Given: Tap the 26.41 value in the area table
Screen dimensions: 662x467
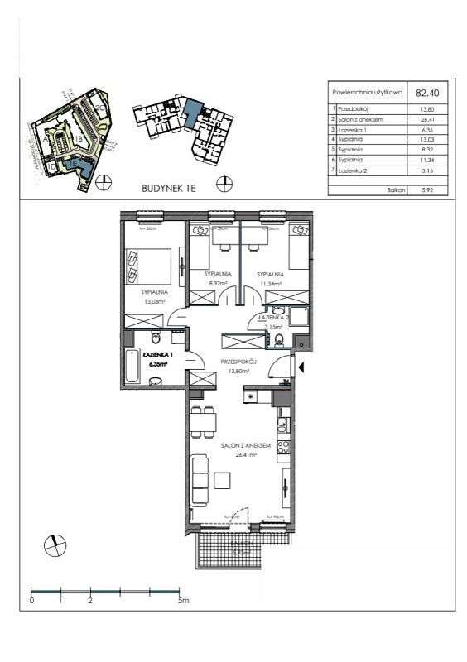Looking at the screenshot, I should click(x=427, y=120).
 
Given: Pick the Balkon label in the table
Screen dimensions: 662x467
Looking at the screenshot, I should click(x=395, y=189).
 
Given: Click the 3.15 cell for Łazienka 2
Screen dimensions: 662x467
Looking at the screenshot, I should click(x=427, y=171).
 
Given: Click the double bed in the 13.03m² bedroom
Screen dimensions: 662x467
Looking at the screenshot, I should click(x=149, y=266).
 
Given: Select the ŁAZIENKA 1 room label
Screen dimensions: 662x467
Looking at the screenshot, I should click(x=156, y=354).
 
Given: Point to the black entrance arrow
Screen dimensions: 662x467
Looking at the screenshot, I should click(x=302, y=367).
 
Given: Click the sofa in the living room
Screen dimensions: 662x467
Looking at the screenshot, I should click(x=200, y=482).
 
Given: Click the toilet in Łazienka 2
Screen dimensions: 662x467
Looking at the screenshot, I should click(x=279, y=339).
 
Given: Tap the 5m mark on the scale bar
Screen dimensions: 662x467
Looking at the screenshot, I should click(x=182, y=602).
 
